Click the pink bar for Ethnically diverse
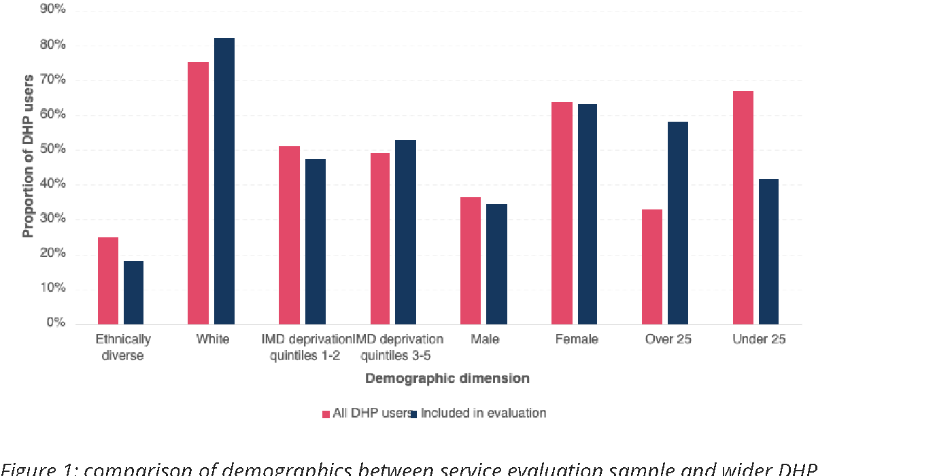pos(108,280)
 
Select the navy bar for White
pos(224,181)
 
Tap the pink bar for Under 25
pos(743,207)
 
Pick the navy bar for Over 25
pos(678,222)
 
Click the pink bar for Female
pos(562,213)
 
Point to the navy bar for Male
pos(496,264)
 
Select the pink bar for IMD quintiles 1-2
pos(290,235)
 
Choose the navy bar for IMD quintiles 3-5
pos(406,232)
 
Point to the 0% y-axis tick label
pos(56,323)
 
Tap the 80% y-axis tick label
pos(54,45)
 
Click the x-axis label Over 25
pos(668,339)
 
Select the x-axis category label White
pos(212,339)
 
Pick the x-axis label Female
pos(576,339)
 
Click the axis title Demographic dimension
pos(447,378)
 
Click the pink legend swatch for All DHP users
pos(326,413)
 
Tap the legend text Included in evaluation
pos(483,413)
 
